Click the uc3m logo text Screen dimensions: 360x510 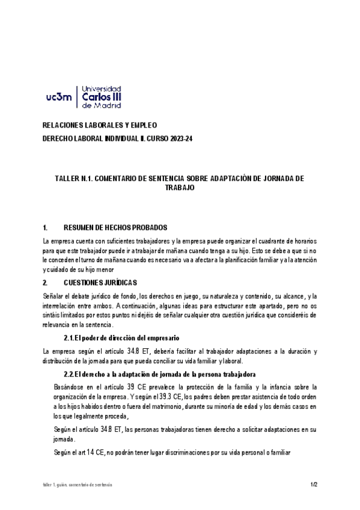(59, 96)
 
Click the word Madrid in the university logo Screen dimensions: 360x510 (108, 105)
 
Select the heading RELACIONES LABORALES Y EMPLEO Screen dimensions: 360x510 (99, 125)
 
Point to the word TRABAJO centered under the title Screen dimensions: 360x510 (180, 188)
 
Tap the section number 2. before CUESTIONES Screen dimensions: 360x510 (45, 282)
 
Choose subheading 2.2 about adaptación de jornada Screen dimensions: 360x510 (160, 374)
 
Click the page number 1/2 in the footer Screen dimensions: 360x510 (314, 484)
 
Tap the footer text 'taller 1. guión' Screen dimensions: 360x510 (50, 484)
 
